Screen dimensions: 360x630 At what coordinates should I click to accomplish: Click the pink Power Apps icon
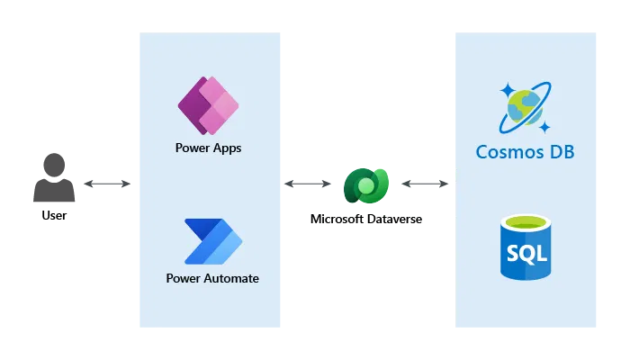[x=208, y=105]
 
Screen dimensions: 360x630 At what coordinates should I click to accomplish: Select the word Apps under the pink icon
[x=225, y=148]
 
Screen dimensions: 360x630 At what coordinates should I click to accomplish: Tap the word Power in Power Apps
[x=192, y=148]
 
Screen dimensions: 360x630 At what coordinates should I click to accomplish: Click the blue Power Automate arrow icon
[x=212, y=241]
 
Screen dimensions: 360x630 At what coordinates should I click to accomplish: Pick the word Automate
[x=230, y=278]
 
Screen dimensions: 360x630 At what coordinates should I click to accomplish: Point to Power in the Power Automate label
[x=183, y=278]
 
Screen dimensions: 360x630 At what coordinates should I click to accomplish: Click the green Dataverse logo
[x=365, y=187]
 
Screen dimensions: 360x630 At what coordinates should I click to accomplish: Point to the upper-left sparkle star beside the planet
[x=507, y=90]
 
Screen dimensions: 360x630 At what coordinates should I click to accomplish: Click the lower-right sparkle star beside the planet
[x=544, y=126]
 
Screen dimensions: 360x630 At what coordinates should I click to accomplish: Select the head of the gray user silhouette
[x=54, y=166]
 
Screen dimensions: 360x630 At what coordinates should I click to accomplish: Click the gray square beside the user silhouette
[x=106, y=203]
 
